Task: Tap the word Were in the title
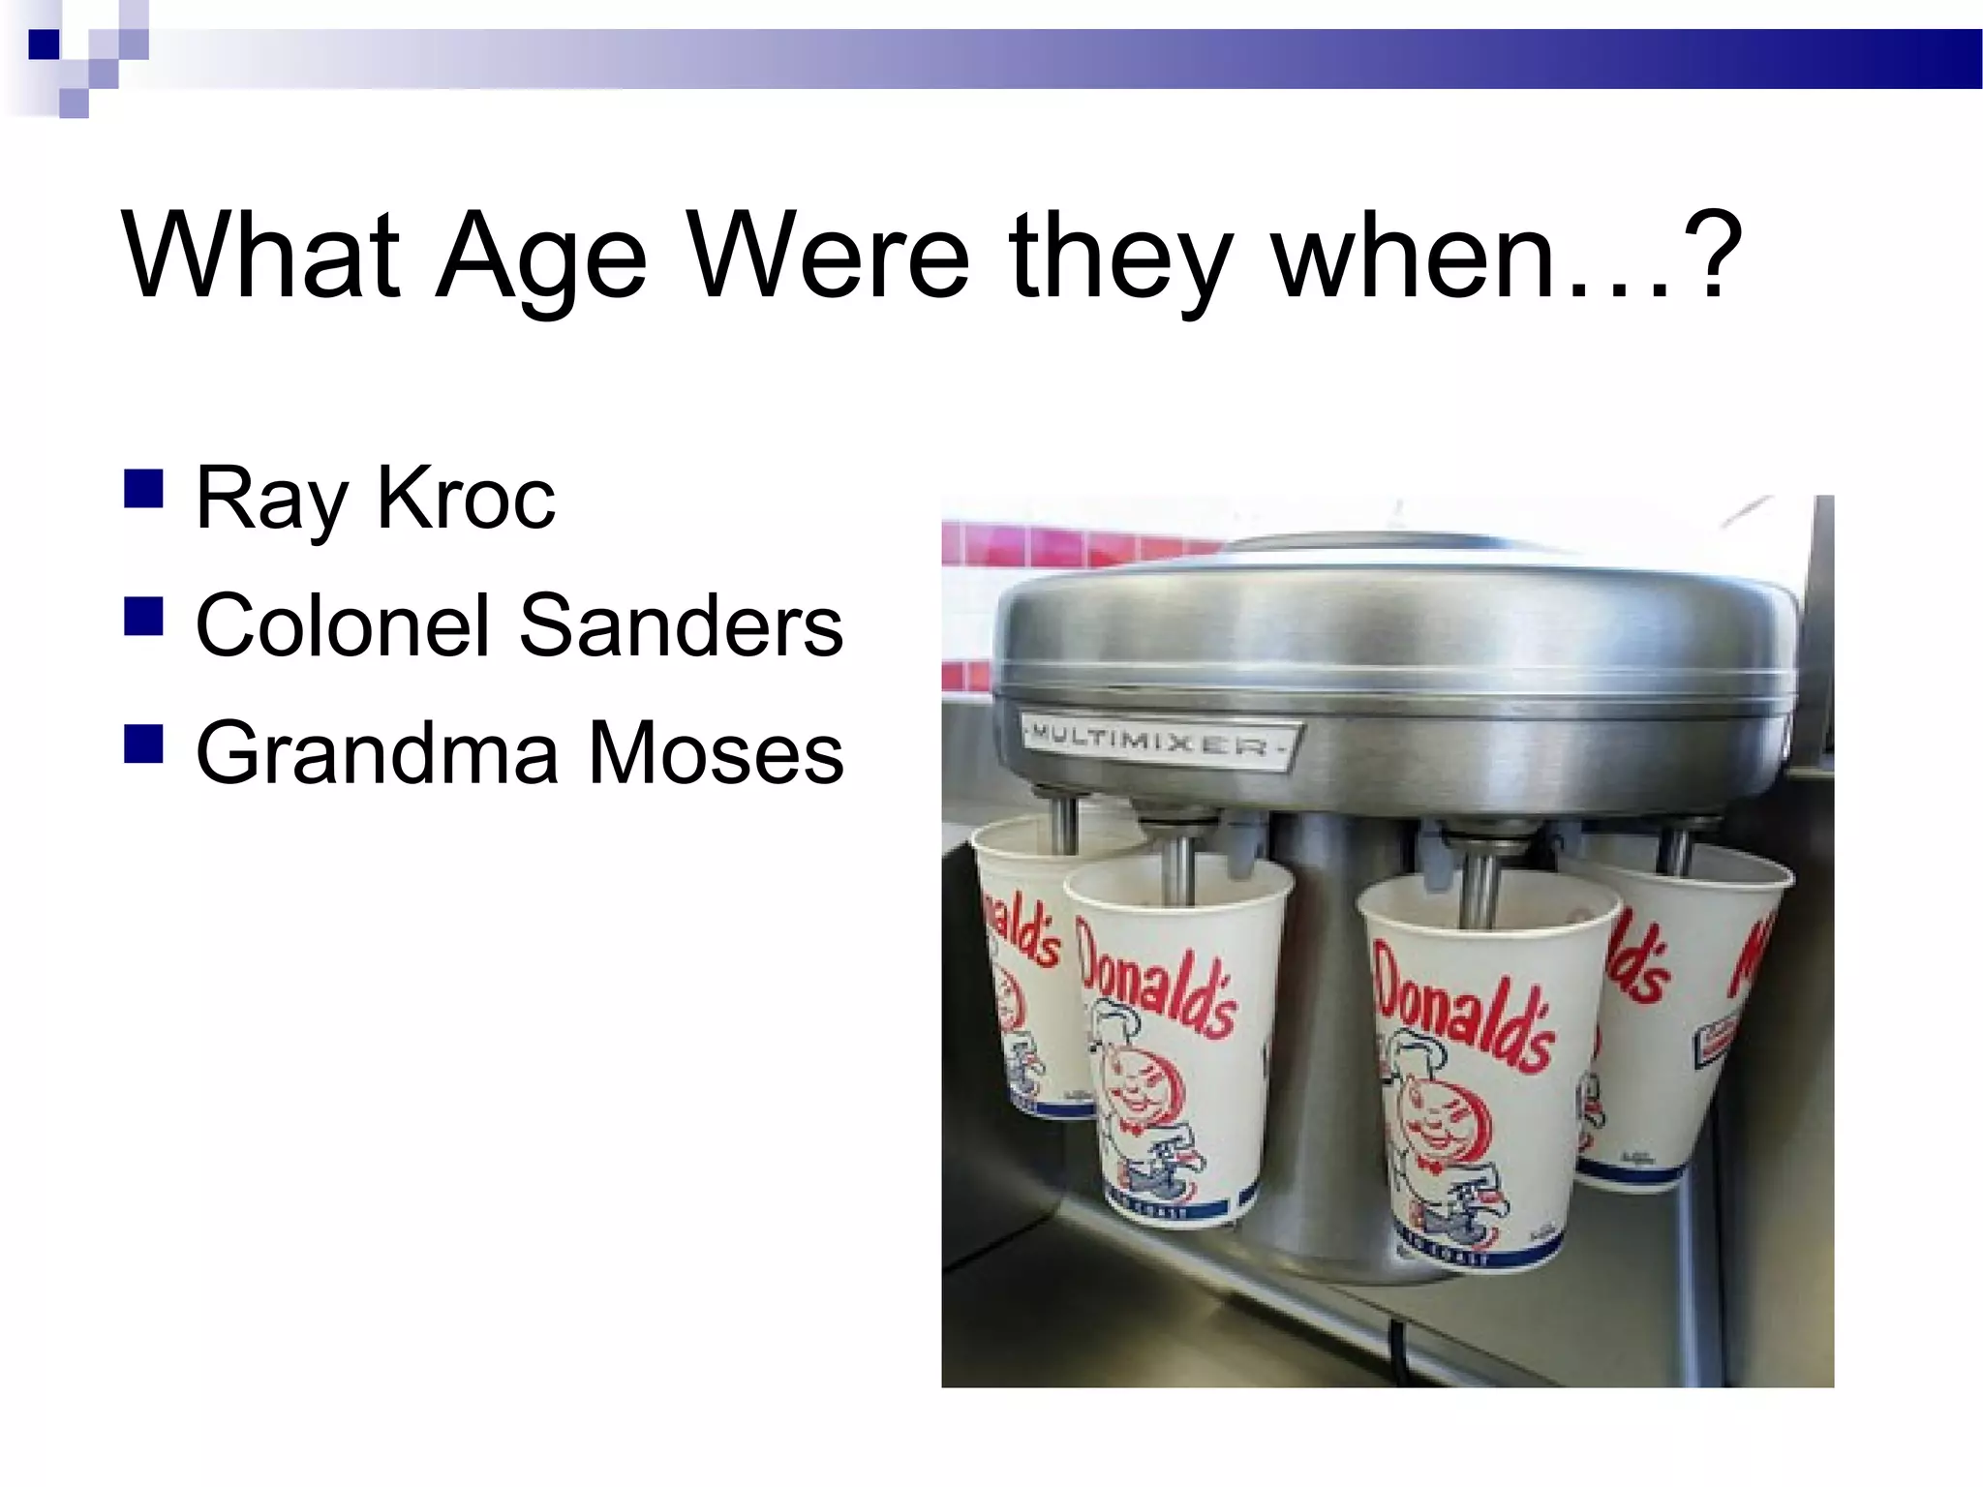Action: click(831, 258)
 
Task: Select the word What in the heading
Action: click(260, 256)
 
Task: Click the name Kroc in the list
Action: click(466, 499)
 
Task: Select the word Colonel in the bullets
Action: click(343, 625)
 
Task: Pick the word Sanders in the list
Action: click(681, 625)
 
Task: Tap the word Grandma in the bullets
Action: click(377, 753)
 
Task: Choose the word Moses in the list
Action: click(716, 753)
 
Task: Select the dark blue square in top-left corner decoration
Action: click(44, 45)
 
